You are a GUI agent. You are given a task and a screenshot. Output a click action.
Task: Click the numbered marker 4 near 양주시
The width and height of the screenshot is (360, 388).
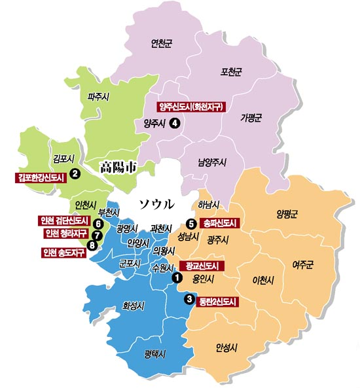174,122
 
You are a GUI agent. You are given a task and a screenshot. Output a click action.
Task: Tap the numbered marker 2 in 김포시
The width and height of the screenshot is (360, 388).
75,173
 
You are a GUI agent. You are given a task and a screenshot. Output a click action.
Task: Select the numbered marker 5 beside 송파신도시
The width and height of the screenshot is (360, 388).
191,222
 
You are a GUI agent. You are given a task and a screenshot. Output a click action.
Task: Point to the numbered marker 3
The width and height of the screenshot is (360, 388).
190,300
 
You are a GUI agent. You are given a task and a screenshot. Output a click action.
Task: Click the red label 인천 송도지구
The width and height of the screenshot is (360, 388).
63,253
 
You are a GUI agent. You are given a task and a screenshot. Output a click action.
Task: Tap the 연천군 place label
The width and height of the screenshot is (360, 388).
162,44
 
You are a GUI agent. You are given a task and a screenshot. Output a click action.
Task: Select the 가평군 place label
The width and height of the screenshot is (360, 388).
251,118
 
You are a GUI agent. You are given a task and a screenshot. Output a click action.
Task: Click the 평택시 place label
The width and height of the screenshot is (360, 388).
156,354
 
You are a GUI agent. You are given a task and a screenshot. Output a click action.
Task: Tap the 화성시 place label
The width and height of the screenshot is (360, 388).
133,305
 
